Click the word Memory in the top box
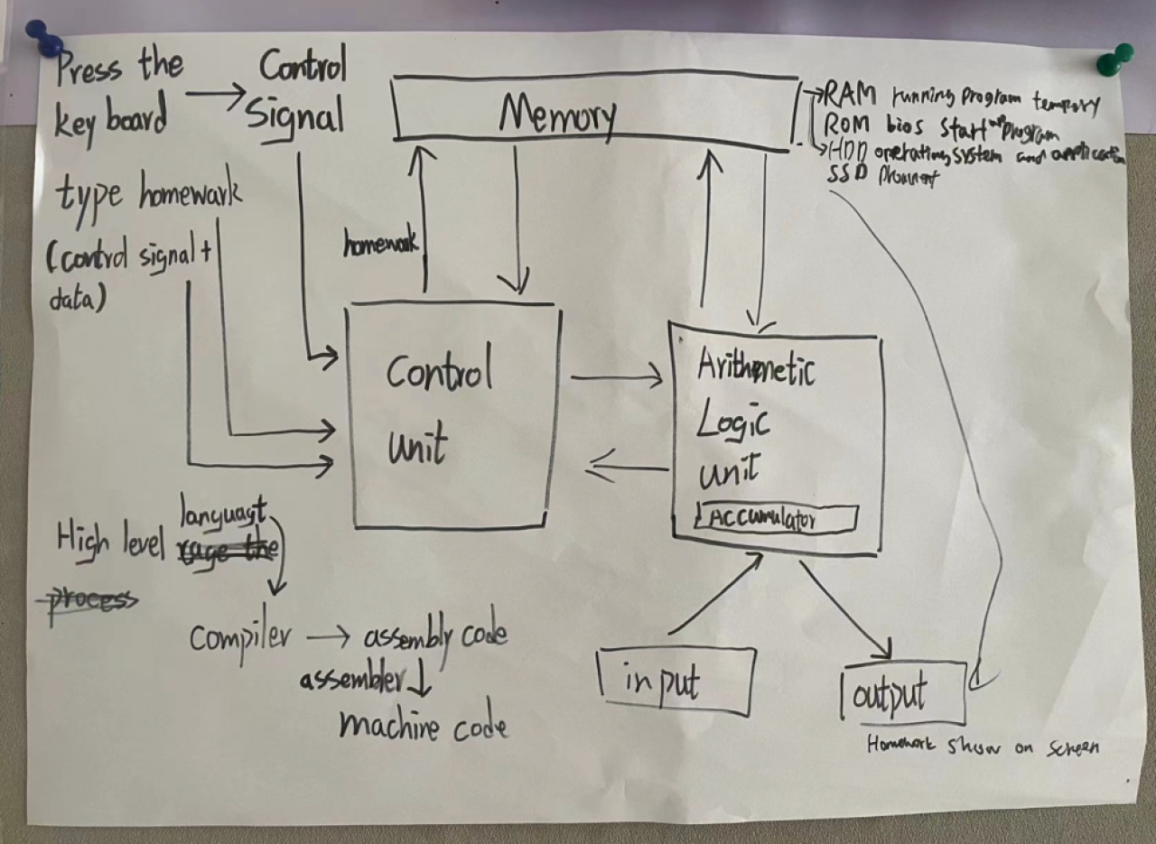(558, 115)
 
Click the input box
(676, 682)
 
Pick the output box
(901, 693)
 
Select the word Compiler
(240, 638)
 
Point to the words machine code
(423, 725)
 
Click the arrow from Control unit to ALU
(617, 377)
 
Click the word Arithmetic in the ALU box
(757, 369)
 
